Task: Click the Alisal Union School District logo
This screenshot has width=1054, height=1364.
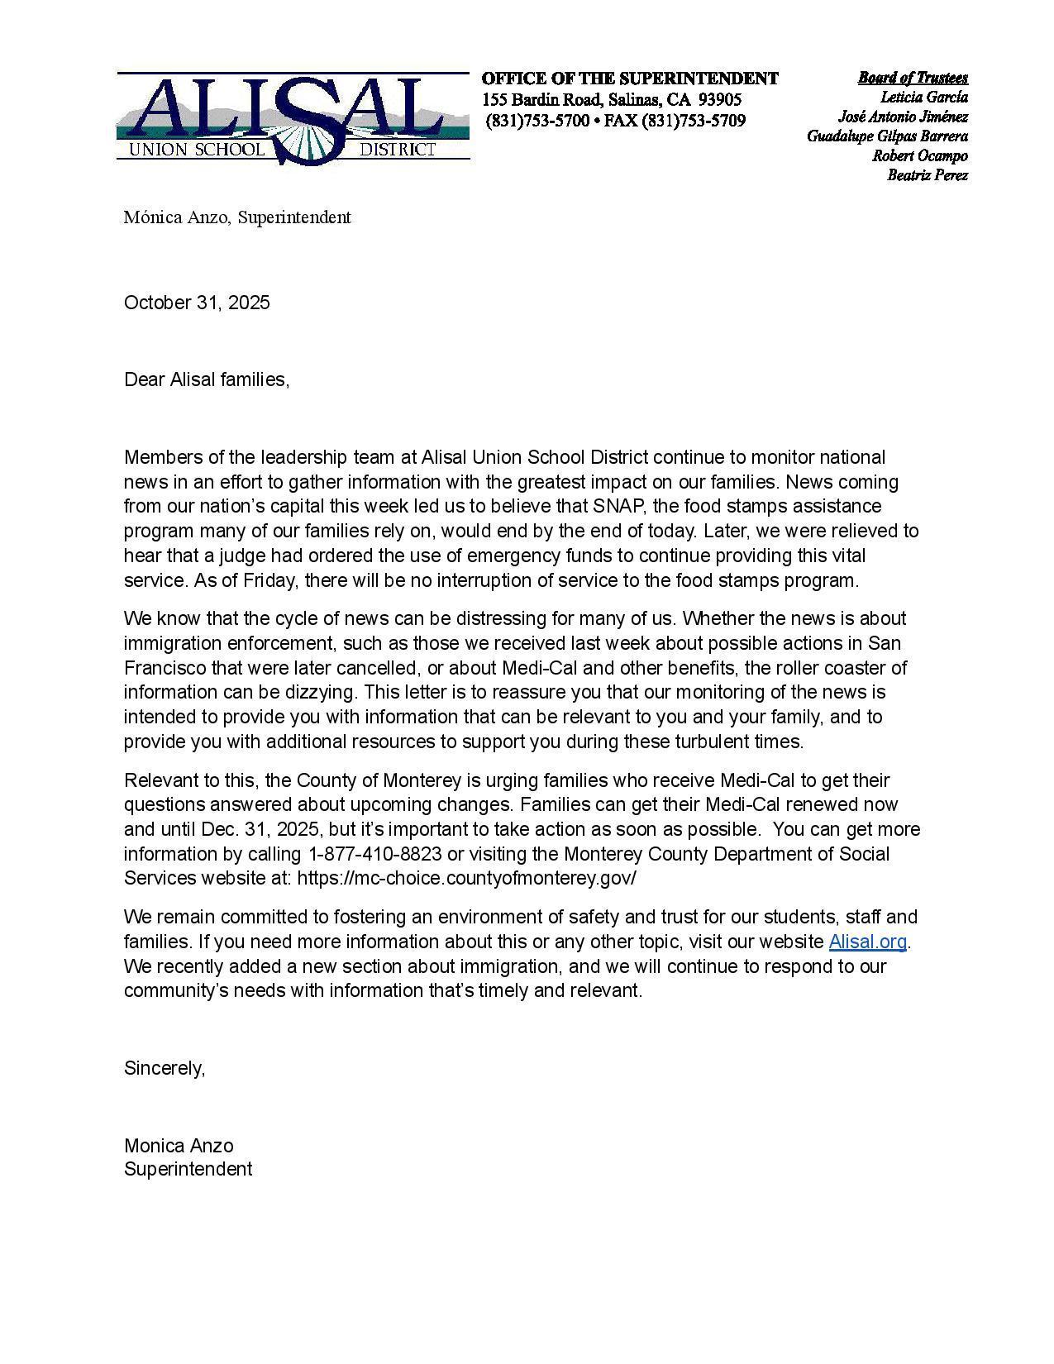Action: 293,118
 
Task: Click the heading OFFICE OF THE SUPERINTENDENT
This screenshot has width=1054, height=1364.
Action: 629,79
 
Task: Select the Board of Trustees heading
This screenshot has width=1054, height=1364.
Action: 913,78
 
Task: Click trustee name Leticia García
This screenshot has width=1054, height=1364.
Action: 923,97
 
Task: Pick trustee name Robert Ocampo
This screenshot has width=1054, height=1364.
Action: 919,155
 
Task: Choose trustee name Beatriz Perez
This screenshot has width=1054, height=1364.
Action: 928,175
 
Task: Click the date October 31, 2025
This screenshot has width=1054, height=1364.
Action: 197,303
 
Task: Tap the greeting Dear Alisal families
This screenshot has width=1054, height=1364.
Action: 206,379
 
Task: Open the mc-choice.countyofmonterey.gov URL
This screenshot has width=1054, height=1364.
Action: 466,878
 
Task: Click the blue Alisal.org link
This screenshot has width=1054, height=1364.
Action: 867,942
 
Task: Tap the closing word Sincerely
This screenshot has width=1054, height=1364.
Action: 164,1068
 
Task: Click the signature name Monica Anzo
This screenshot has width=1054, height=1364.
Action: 179,1146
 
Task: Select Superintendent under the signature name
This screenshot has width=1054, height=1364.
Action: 188,1169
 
